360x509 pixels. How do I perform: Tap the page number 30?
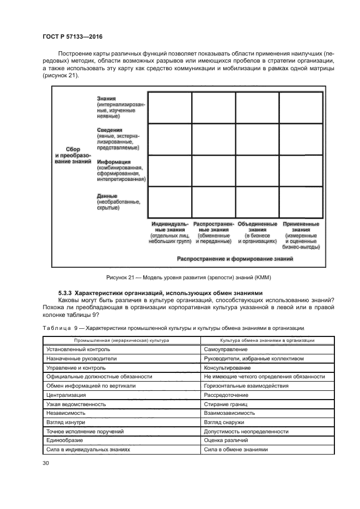coord(46,463)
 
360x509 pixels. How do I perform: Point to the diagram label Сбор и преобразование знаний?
coord(72,155)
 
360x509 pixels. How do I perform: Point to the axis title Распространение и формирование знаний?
coord(235,259)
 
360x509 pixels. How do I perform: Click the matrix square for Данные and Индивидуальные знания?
coord(169,202)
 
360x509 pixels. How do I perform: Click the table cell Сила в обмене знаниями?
coord(236,450)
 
